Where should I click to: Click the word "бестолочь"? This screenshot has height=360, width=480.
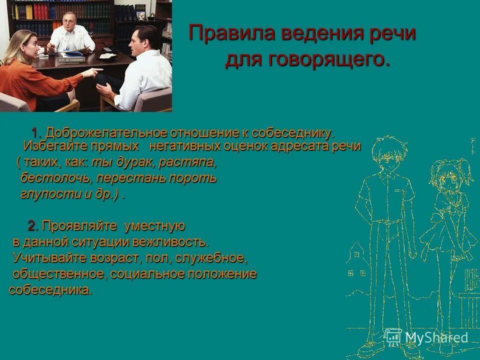tap(55, 178)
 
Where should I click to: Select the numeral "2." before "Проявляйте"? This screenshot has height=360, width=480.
tap(33, 226)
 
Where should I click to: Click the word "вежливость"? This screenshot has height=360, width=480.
tap(170, 242)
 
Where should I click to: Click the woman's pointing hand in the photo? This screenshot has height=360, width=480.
tap(92, 73)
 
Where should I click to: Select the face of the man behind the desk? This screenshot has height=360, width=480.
tap(68, 18)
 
